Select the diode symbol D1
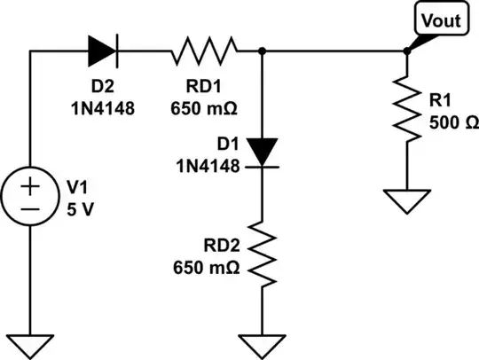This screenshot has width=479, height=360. [x=263, y=151]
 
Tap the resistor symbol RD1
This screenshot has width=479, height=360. [x=204, y=51]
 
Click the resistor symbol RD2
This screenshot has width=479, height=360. [x=263, y=254]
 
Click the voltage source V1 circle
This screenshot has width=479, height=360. [x=30, y=198]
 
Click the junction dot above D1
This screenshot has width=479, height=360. [x=263, y=51]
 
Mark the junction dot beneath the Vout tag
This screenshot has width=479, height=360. [x=406, y=51]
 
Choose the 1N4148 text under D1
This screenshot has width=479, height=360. [x=210, y=165]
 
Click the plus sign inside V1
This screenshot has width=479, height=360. [x=30, y=185]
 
